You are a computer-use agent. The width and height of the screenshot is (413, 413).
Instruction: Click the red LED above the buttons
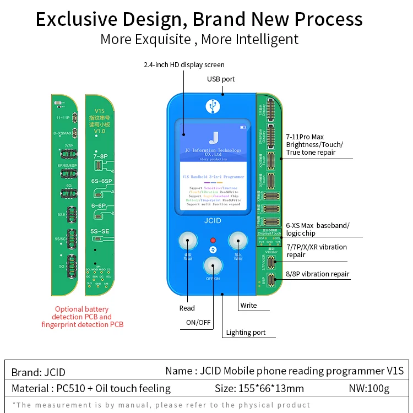point(213,241)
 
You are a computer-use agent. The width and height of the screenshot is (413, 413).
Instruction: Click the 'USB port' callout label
point(221,79)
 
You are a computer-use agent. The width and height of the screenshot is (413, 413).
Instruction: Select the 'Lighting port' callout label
point(246,332)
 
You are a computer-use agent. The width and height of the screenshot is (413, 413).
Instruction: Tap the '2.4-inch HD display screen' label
point(184,64)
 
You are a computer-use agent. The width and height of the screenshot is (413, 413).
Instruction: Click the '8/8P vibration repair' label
point(317,274)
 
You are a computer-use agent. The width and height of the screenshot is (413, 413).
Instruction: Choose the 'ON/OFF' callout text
point(198,322)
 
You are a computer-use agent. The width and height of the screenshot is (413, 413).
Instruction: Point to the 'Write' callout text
point(248,305)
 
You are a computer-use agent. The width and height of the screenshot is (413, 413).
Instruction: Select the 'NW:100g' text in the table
point(369,388)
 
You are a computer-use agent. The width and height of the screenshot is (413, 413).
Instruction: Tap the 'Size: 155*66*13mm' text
point(259,388)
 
